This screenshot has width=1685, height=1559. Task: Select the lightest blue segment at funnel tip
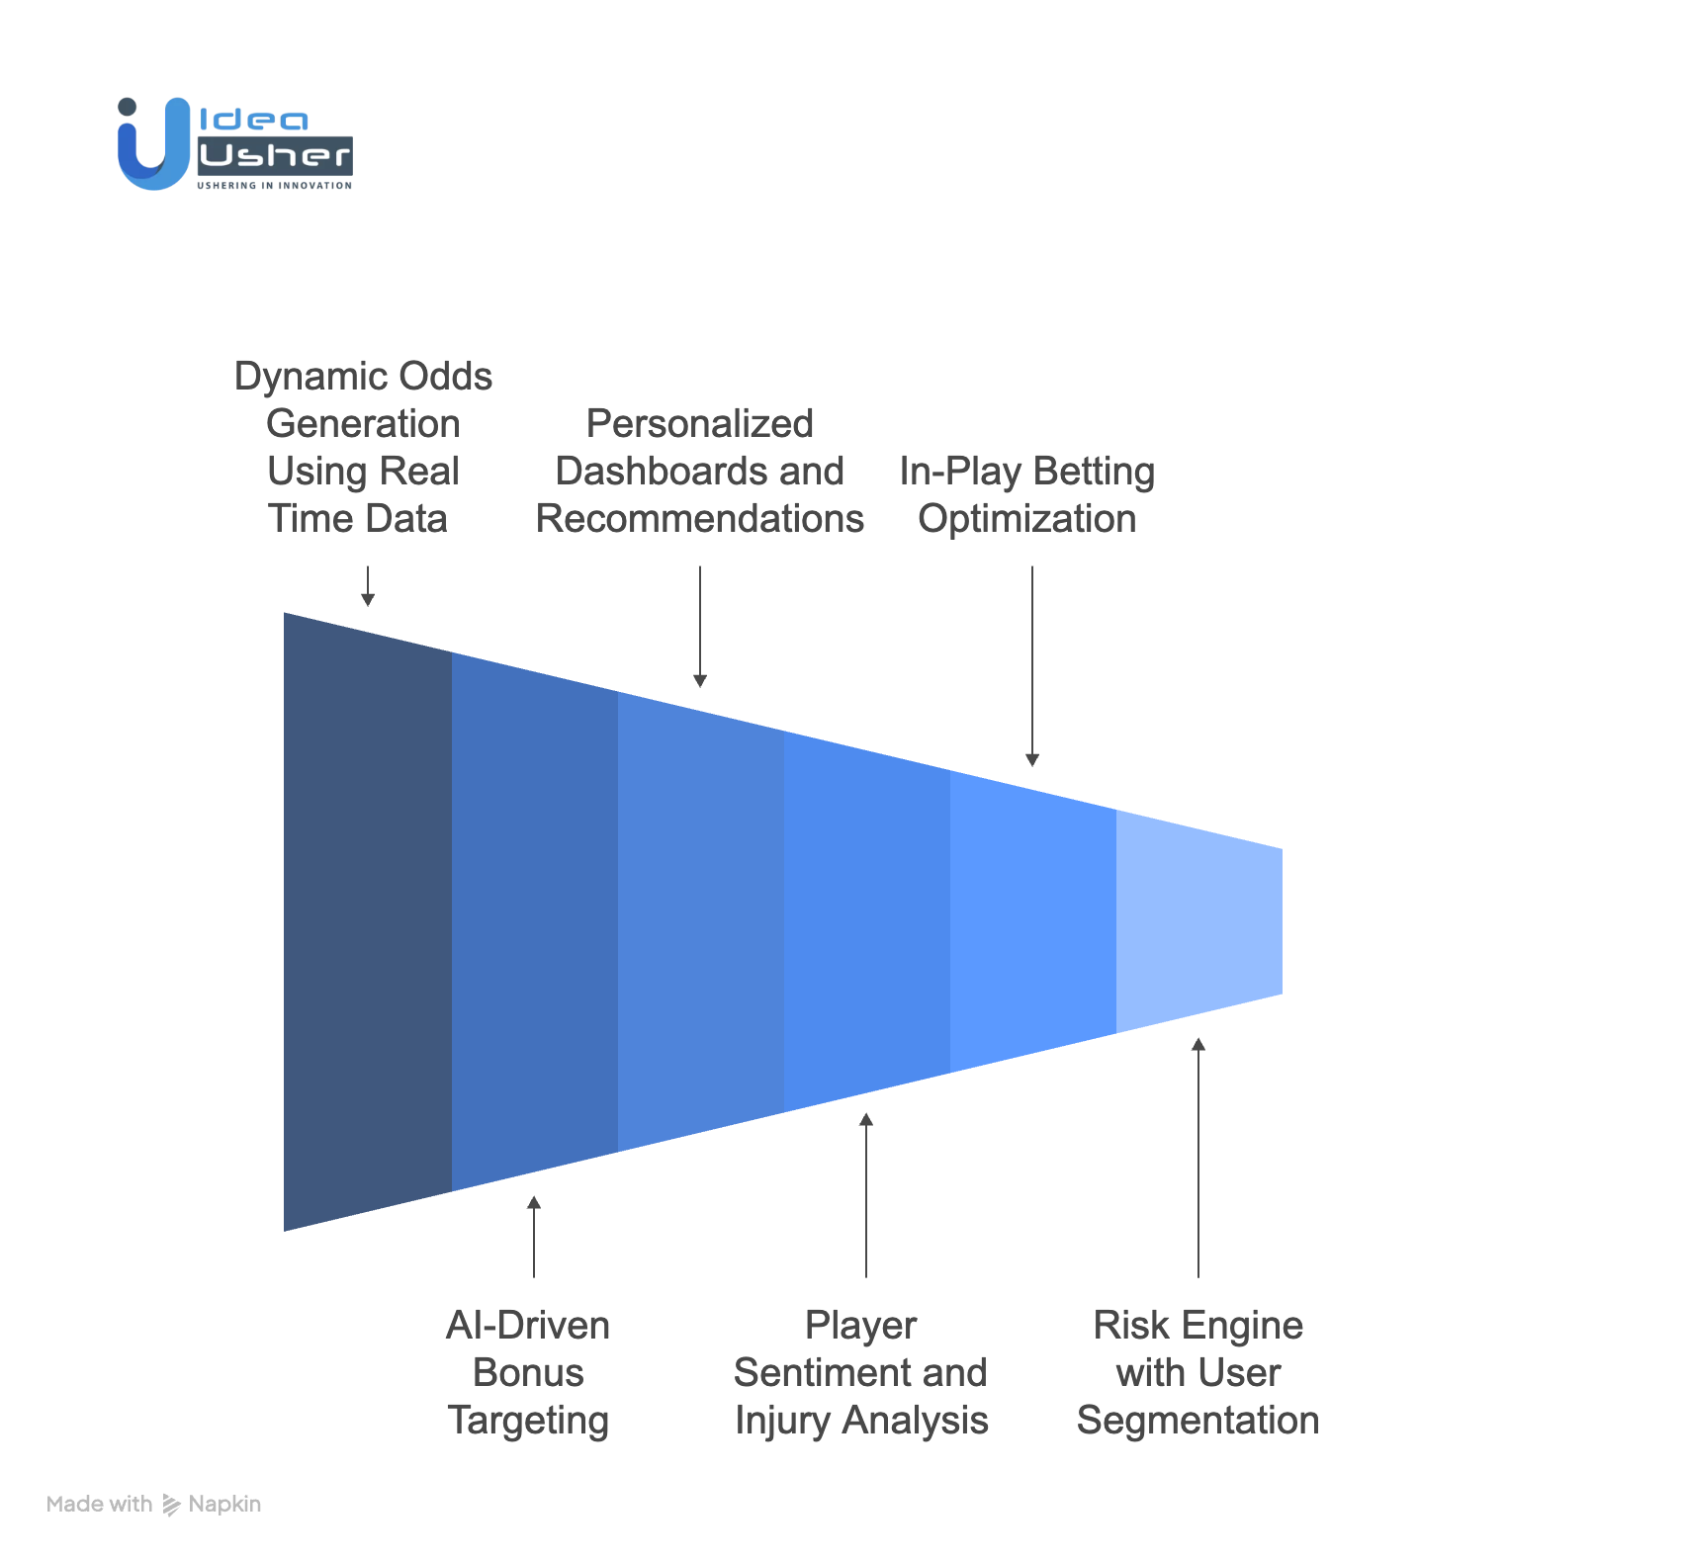[1198, 921]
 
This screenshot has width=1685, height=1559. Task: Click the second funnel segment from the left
[535, 921]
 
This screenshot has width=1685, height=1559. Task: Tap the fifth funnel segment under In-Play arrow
[1032, 921]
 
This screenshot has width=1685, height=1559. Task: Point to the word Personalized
[699, 424]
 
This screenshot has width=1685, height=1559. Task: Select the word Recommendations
[699, 519]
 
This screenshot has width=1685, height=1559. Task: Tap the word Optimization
[1026, 519]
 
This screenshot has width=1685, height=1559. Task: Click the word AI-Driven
[527, 1326]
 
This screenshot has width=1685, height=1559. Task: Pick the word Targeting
[528, 1421]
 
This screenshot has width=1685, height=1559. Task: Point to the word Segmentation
[1197, 1421]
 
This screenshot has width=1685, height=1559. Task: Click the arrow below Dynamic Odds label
[368, 587]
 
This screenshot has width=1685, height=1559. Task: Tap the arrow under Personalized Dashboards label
[700, 627]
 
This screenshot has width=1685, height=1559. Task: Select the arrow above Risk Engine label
[1198, 1157]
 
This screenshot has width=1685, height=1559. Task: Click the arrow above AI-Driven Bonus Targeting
[534, 1236]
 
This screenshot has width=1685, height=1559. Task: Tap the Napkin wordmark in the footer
[224, 1504]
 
